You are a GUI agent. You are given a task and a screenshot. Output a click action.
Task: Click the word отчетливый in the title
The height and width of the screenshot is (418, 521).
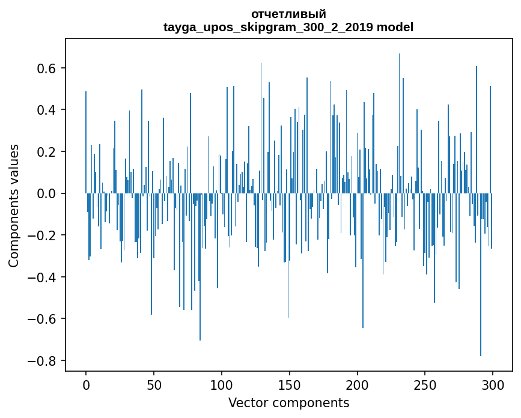[288, 14]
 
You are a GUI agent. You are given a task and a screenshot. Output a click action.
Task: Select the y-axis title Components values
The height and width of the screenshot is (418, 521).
[14, 205]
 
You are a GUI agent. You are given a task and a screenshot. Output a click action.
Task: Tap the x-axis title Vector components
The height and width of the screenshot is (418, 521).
[288, 402]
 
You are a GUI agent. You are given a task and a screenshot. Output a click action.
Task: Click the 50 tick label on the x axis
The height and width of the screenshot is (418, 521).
[154, 385]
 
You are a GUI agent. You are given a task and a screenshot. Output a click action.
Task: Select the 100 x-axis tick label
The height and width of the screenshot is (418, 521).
[222, 385]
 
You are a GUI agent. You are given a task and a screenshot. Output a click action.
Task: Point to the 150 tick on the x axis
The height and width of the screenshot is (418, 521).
[290, 385]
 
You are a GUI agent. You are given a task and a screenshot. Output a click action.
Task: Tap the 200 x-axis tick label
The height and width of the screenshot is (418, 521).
[358, 385]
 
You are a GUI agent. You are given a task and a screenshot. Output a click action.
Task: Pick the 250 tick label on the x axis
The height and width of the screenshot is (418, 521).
[425, 385]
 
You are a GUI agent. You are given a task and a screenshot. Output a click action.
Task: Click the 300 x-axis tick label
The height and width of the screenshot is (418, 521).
[493, 385]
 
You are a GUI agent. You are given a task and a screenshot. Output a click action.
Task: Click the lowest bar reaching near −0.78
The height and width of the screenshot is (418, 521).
[480, 276]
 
